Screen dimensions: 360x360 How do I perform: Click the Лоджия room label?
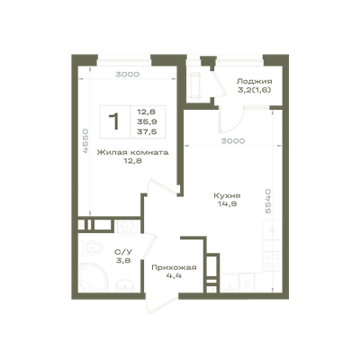coord(255,81)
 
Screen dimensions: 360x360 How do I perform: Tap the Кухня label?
coord(227,196)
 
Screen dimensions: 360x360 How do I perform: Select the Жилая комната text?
coord(132,152)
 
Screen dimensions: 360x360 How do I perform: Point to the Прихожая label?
coord(174,267)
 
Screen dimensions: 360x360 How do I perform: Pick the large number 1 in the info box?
coord(114,121)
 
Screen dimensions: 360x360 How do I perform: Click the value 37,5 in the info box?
coord(147,131)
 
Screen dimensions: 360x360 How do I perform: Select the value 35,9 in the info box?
coord(147,121)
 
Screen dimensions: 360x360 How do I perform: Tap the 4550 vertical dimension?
coord(85,141)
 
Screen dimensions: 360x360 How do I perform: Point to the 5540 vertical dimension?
coord(268,201)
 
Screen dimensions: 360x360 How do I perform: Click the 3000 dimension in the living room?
coord(128,74)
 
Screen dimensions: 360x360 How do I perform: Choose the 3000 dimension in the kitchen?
coord(233,140)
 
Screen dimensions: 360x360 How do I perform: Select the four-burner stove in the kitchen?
coord(271,261)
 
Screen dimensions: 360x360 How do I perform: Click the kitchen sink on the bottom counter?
coord(247,283)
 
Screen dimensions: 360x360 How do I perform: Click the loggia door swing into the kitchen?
coord(230,120)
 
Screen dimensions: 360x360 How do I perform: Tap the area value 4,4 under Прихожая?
coord(174,275)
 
